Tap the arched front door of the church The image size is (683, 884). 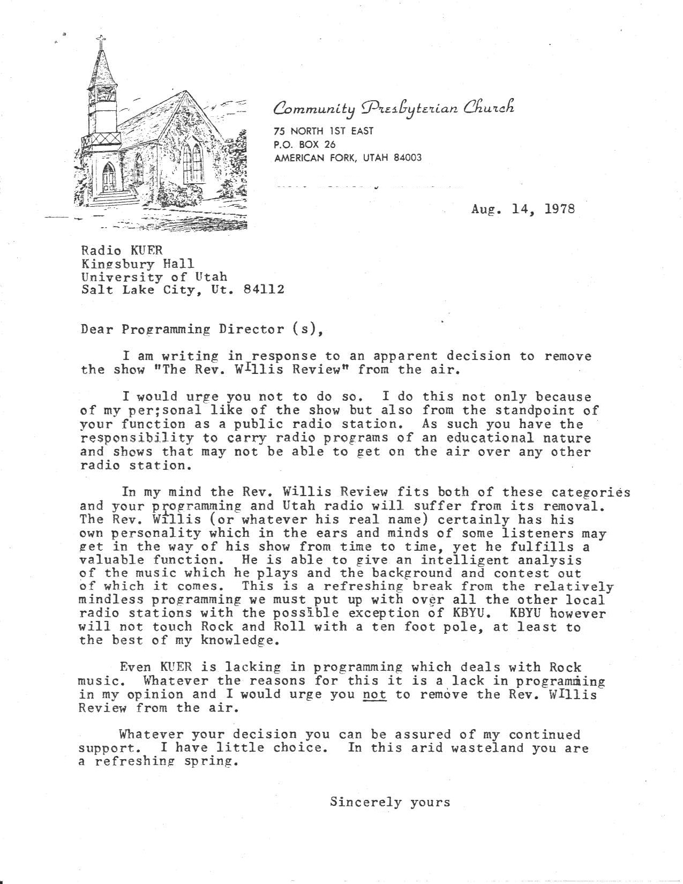(x=109, y=178)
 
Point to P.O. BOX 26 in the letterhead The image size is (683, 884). (x=304, y=144)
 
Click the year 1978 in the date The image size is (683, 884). (x=560, y=209)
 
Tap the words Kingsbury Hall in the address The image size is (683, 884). (x=137, y=264)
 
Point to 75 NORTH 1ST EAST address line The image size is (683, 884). (x=324, y=131)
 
